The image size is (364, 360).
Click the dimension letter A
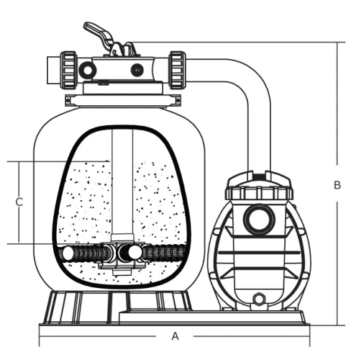[x=176, y=336]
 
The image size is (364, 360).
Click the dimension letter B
[x=337, y=185]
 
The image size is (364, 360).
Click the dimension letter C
[x=19, y=202]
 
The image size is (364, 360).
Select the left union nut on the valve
[x=68, y=70]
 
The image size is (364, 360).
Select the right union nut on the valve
[x=178, y=70]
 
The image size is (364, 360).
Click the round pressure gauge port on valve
[x=88, y=70]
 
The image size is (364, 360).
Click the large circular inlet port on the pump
[x=259, y=220]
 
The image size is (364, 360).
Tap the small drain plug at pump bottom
[x=259, y=299]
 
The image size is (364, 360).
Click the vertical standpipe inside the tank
[x=122, y=182]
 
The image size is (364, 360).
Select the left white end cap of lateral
[x=68, y=253]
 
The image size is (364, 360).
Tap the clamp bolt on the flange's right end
[x=177, y=100]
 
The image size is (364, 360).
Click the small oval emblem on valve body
[x=137, y=70]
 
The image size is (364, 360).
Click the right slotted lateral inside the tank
[x=164, y=253]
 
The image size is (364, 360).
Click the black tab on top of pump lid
[x=259, y=177]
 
